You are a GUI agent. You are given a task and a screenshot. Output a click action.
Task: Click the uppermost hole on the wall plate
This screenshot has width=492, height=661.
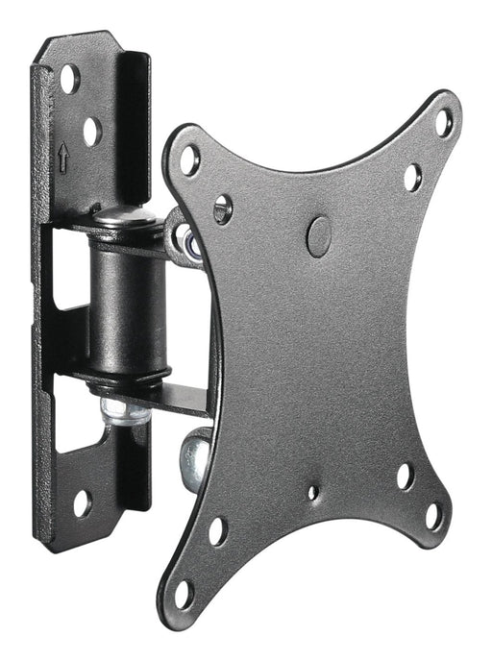70,79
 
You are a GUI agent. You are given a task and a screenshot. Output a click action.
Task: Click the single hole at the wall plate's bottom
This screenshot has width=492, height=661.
81,502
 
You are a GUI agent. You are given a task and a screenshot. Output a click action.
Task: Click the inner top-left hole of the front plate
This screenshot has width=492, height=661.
223,206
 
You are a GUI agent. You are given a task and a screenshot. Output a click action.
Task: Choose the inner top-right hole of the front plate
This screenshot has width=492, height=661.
412,177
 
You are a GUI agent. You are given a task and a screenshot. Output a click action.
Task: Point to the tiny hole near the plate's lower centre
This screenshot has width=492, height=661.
312,492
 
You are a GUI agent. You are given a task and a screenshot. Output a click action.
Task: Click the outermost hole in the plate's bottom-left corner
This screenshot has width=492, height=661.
183,592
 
